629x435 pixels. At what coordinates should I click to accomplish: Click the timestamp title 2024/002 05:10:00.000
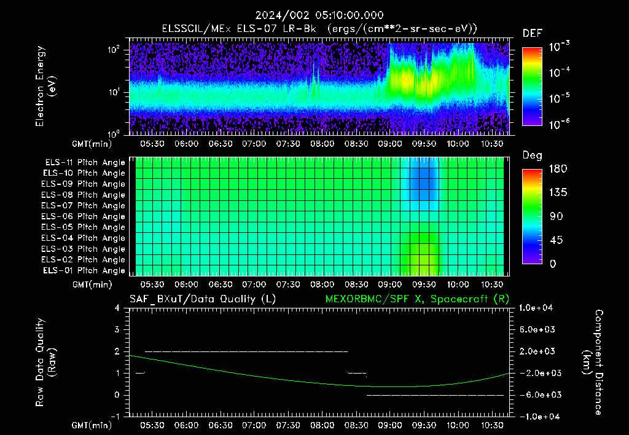point(319,15)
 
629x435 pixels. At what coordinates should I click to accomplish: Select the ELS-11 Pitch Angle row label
point(85,163)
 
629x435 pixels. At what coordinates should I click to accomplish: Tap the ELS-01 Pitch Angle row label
point(84,270)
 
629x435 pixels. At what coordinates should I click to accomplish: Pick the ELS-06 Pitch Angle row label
point(83,217)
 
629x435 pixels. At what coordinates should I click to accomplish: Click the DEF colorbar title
point(533,33)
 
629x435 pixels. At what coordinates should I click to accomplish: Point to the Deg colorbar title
point(533,155)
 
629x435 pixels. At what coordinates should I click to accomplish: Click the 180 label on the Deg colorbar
point(558,168)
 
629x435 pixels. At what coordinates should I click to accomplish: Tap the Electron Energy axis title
point(45,86)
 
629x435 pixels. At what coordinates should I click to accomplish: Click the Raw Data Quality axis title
point(45,362)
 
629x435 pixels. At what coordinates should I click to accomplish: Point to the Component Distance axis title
point(593,362)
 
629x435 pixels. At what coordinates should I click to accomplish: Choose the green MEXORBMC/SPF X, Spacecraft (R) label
point(417,299)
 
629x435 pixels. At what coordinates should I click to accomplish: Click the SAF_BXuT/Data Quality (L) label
point(203,299)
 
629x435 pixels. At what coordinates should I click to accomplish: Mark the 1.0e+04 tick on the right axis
point(536,308)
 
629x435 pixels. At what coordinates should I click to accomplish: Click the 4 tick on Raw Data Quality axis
point(117,308)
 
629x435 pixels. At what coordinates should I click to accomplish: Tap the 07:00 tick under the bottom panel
point(254,425)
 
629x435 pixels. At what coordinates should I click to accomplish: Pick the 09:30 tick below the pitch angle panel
point(424,284)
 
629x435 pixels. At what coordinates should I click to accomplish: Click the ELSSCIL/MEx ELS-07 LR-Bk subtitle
point(239,29)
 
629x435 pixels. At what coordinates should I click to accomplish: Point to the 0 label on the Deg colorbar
point(553,264)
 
